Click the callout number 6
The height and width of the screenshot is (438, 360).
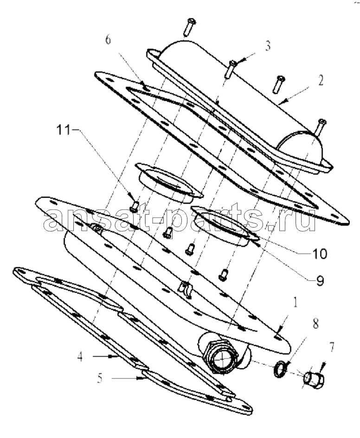[x=108, y=40]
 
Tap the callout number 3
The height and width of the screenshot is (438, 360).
[x=268, y=46]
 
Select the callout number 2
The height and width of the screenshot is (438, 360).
[x=320, y=81]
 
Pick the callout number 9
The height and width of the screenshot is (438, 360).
[x=320, y=280]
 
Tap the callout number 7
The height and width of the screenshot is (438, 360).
[x=332, y=347]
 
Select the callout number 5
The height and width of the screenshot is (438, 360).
[x=100, y=378]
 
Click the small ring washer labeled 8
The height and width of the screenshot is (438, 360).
[x=279, y=369]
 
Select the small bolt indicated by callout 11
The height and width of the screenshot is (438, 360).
[x=135, y=206]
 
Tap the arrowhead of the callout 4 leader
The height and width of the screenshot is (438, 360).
[x=117, y=356]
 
